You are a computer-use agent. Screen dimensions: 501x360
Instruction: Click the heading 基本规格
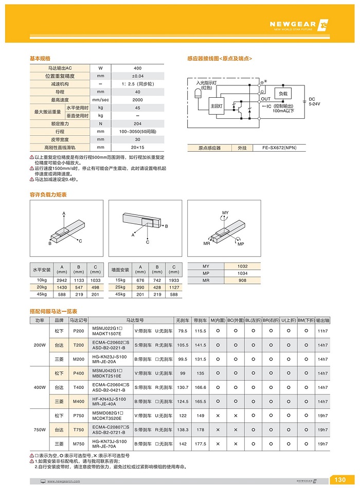(40, 59)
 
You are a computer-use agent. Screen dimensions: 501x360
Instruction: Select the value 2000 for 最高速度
(137, 100)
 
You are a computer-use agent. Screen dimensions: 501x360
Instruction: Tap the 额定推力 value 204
(137, 124)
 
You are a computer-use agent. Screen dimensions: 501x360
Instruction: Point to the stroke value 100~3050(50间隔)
(137, 132)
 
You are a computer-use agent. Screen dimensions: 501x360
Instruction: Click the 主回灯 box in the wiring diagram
(216, 106)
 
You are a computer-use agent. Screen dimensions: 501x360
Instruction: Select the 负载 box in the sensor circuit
(283, 94)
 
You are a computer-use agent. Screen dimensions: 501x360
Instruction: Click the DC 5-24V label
(314, 101)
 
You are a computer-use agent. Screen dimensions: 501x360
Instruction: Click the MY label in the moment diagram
(225, 212)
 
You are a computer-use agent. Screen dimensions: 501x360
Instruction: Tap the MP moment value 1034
(242, 273)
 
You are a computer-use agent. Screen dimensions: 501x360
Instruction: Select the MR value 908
(242, 280)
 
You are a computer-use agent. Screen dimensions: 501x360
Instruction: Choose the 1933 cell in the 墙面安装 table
(174, 280)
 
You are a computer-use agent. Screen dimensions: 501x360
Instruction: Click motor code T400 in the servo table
(79, 387)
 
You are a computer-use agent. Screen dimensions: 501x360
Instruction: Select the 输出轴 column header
(322, 319)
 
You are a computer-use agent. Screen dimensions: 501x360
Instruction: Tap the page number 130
(340, 480)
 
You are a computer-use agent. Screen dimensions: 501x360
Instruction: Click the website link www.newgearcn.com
(64, 481)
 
